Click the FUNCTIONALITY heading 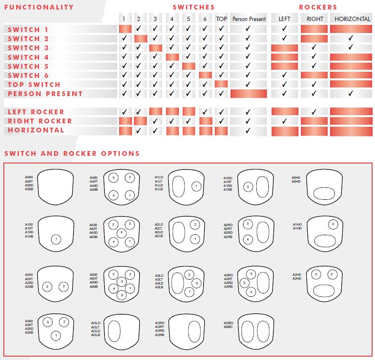click(39, 7)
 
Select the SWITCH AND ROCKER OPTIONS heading click(72, 153)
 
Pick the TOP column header click(221, 19)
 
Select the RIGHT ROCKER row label click(40, 121)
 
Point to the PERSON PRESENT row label click(45, 94)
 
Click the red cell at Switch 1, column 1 click(125, 29)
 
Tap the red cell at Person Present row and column click(248, 94)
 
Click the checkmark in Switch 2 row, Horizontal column click(351, 38)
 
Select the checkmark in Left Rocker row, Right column click(314, 112)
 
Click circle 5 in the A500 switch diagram click(121, 233)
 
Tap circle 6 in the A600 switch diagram click(121, 295)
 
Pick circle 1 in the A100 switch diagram click(56, 239)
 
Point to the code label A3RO click(228, 275)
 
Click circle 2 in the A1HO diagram click(332, 224)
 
